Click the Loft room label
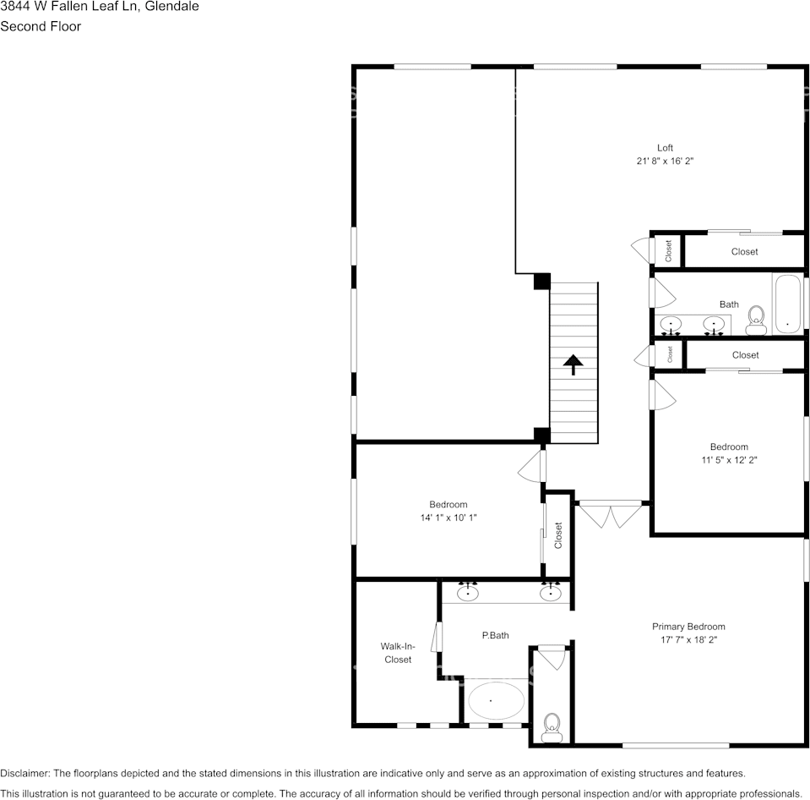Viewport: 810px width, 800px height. coord(666,148)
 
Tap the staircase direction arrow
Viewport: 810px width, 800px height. coord(574,364)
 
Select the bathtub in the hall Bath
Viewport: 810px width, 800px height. coord(788,305)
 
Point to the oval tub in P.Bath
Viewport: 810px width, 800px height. coord(495,700)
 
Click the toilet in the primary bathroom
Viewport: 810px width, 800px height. coord(552,726)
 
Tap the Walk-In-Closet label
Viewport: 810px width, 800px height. coord(398,653)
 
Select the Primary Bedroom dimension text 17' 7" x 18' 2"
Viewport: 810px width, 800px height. coord(688,640)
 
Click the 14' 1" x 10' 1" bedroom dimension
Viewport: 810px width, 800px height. coord(448,518)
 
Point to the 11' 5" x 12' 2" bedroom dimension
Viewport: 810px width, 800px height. coord(729,460)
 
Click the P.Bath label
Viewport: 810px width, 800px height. coord(495,635)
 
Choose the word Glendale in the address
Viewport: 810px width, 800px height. coord(171,7)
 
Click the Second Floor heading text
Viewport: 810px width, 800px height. coord(41,26)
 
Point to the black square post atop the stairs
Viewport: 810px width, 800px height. coord(542,281)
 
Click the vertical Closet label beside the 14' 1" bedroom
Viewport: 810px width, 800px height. coord(558,535)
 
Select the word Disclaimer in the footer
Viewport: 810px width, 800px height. coord(24,773)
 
